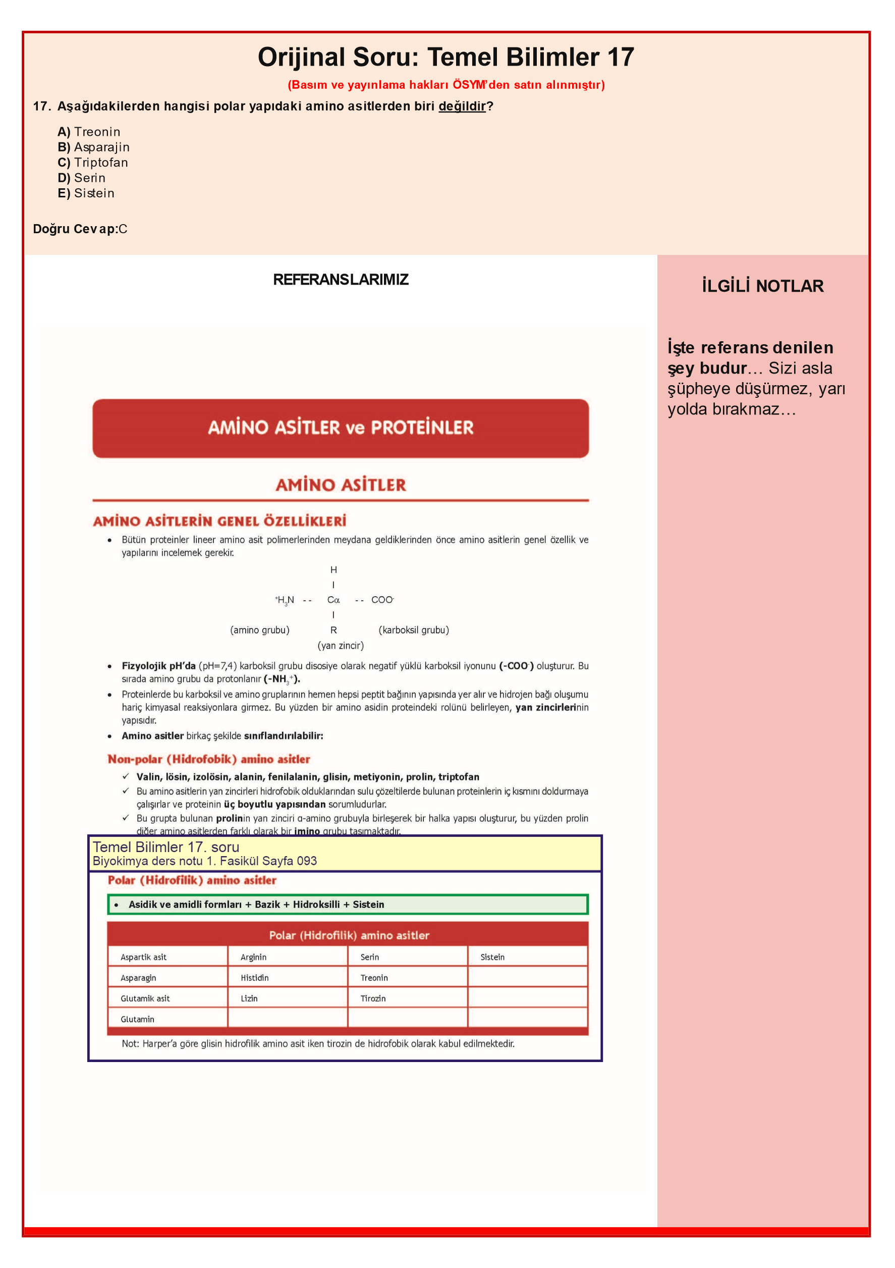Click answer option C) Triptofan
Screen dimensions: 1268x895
click(93, 163)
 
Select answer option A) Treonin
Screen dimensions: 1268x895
click(89, 132)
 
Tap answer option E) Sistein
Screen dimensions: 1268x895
click(86, 193)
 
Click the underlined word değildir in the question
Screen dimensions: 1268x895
click(462, 106)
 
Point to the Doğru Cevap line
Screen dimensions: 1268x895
click(80, 229)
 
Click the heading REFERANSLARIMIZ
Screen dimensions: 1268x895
click(341, 280)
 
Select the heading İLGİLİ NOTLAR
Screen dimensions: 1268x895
click(762, 286)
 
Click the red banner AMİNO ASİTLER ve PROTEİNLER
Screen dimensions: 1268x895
click(341, 428)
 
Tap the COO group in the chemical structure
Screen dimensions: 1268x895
click(382, 600)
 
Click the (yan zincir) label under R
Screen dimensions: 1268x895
click(340, 646)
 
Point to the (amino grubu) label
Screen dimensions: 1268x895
click(259, 630)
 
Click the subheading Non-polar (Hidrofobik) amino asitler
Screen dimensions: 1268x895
click(209, 759)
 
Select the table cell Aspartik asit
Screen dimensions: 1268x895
click(144, 957)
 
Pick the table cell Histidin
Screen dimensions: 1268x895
click(255, 978)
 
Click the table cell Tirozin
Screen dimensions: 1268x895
click(373, 998)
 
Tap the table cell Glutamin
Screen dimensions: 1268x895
click(138, 1019)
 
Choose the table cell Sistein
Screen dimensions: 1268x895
click(492, 957)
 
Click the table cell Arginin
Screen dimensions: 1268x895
click(253, 957)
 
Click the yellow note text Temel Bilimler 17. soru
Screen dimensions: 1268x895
click(165, 847)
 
